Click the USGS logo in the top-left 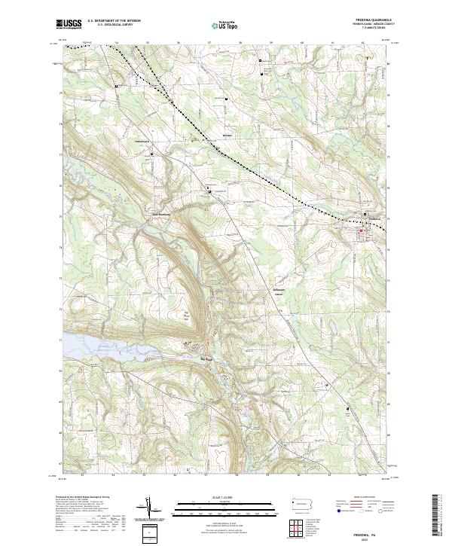tap(68, 24)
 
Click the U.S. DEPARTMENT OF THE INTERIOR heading tap(114, 20)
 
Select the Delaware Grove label tap(279, 290)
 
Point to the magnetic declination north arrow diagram tap(151, 509)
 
